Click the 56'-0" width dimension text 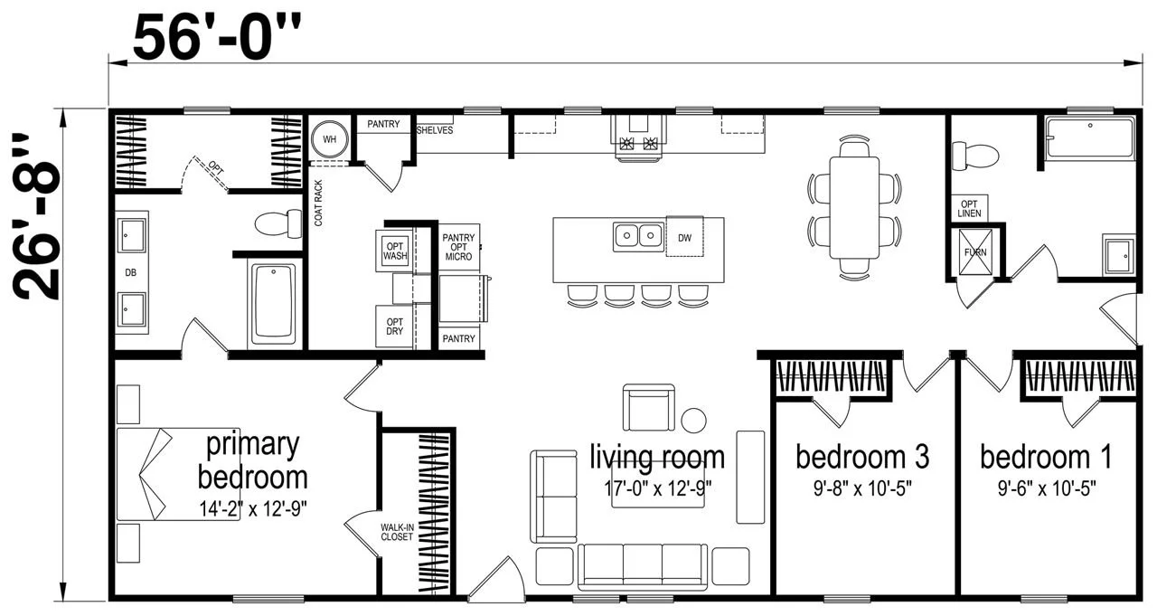click(x=217, y=37)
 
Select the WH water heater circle click(x=330, y=139)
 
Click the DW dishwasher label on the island click(x=684, y=238)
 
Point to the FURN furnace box click(x=975, y=252)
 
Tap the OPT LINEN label click(x=969, y=208)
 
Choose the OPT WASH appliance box click(x=395, y=251)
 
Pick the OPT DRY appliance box click(x=395, y=326)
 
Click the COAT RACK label click(x=318, y=204)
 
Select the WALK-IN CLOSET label click(x=397, y=532)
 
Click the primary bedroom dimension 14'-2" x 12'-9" click(x=253, y=508)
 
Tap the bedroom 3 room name click(x=862, y=457)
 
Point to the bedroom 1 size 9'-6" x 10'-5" click(x=1047, y=488)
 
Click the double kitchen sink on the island click(x=638, y=236)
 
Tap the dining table click(x=854, y=207)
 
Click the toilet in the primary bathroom click(x=279, y=223)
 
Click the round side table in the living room click(x=693, y=420)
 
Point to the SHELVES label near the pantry click(x=435, y=130)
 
